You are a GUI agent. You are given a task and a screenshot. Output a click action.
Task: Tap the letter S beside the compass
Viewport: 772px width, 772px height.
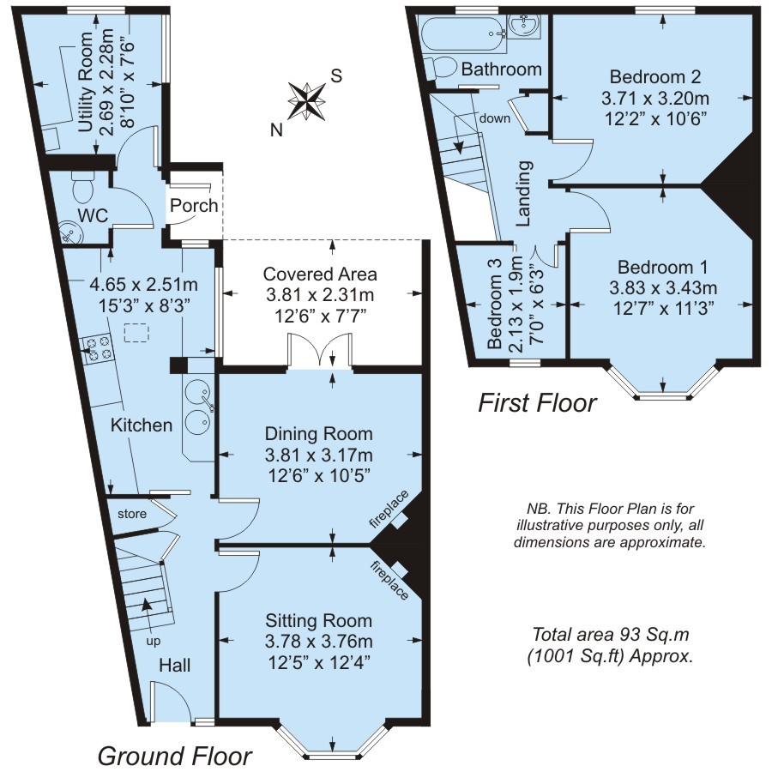pyautogui.click(x=337, y=75)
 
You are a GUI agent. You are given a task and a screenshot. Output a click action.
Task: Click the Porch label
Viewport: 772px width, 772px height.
pyautogui.click(x=194, y=207)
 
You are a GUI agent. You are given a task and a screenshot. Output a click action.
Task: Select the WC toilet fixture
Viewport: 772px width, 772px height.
pyautogui.click(x=84, y=184)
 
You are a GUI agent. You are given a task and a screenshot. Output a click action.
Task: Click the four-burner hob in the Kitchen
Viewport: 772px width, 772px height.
pyautogui.click(x=95, y=347)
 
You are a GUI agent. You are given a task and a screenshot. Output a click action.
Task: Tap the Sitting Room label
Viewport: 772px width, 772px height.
pyautogui.click(x=318, y=621)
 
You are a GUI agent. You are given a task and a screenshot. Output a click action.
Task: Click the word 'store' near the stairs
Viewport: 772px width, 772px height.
pyautogui.click(x=133, y=513)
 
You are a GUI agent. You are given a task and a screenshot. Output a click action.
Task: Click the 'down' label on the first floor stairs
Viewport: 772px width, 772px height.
pyautogui.click(x=495, y=118)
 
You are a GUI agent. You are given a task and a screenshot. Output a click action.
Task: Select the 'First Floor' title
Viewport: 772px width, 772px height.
pyautogui.click(x=537, y=403)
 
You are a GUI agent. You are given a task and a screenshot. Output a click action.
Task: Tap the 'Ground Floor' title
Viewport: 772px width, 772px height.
pyautogui.click(x=174, y=757)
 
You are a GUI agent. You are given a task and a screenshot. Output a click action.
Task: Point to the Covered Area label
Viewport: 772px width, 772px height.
pyautogui.click(x=320, y=274)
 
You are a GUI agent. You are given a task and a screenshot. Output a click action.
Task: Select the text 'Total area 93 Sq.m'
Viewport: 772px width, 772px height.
pyautogui.click(x=611, y=636)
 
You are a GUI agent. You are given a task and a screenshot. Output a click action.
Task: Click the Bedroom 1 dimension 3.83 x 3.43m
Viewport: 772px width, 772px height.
pyautogui.click(x=663, y=286)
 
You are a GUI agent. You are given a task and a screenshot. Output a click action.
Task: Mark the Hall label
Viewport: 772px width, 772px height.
pyautogui.click(x=175, y=666)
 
